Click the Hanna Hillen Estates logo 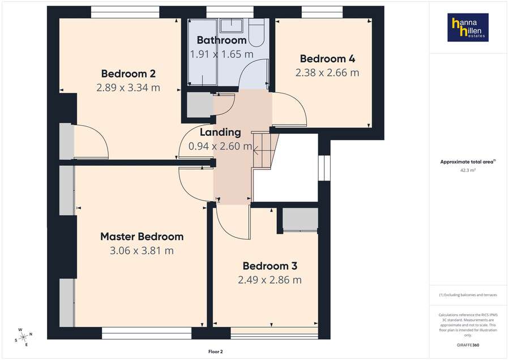click(468, 28)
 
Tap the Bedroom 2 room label click(128, 74)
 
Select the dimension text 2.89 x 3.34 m click(128, 88)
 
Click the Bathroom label click(221, 40)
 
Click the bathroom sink click(231, 25)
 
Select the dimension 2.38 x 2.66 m click(327, 72)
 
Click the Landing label click(220, 132)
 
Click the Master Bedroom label click(142, 237)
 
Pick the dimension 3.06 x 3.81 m click(142, 251)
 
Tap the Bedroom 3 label click(270, 266)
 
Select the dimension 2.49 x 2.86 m click(270, 280)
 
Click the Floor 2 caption click(216, 352)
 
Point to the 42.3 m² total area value click(468, 169)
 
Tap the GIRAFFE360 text click(468, 344)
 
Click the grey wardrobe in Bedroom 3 click(300, 220)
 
